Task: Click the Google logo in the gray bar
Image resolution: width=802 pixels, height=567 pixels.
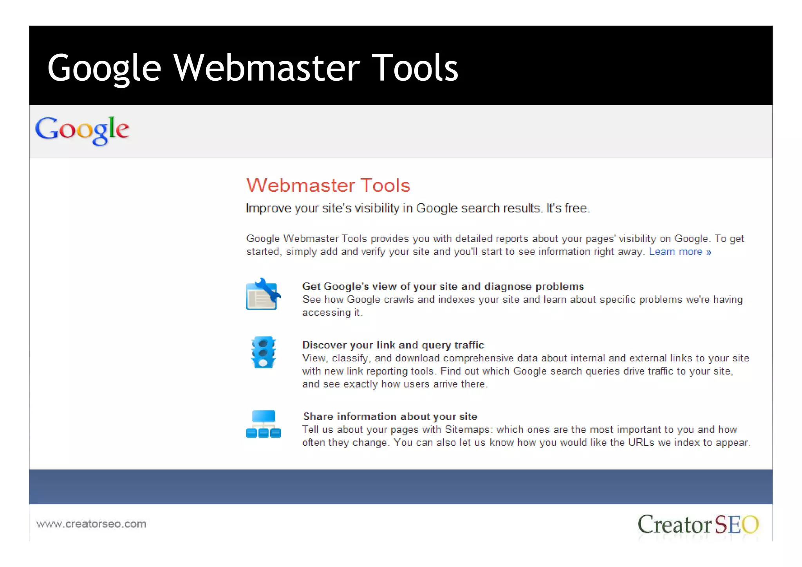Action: [x=82, y=130]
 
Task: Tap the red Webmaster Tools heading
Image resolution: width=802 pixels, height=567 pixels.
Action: [x=328, y=185]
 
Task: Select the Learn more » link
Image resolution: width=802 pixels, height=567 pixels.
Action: [x=679, y=252]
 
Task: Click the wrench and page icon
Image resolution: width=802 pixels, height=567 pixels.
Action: [x=263, y=295]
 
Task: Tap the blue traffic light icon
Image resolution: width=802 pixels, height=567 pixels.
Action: [x=263, y=352]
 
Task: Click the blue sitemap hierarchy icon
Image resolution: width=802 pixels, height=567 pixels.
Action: [x=263, y=424]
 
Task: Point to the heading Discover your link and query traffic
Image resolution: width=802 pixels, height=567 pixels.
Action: [x=393, y=345]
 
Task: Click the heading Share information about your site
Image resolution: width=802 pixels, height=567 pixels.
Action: [x=390, y=417]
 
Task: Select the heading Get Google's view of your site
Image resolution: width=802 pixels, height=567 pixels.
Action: [x=443, y=287]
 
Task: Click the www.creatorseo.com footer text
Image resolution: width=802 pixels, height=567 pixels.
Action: [x=91, y=524]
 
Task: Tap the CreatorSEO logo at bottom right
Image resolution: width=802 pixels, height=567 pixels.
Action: [x=698, y=525]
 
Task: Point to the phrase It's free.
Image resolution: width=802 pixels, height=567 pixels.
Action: [x=568, y=208]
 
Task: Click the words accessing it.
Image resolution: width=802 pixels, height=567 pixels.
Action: [x=332, y=313]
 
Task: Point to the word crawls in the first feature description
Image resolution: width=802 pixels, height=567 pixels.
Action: [x=399, y=300]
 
